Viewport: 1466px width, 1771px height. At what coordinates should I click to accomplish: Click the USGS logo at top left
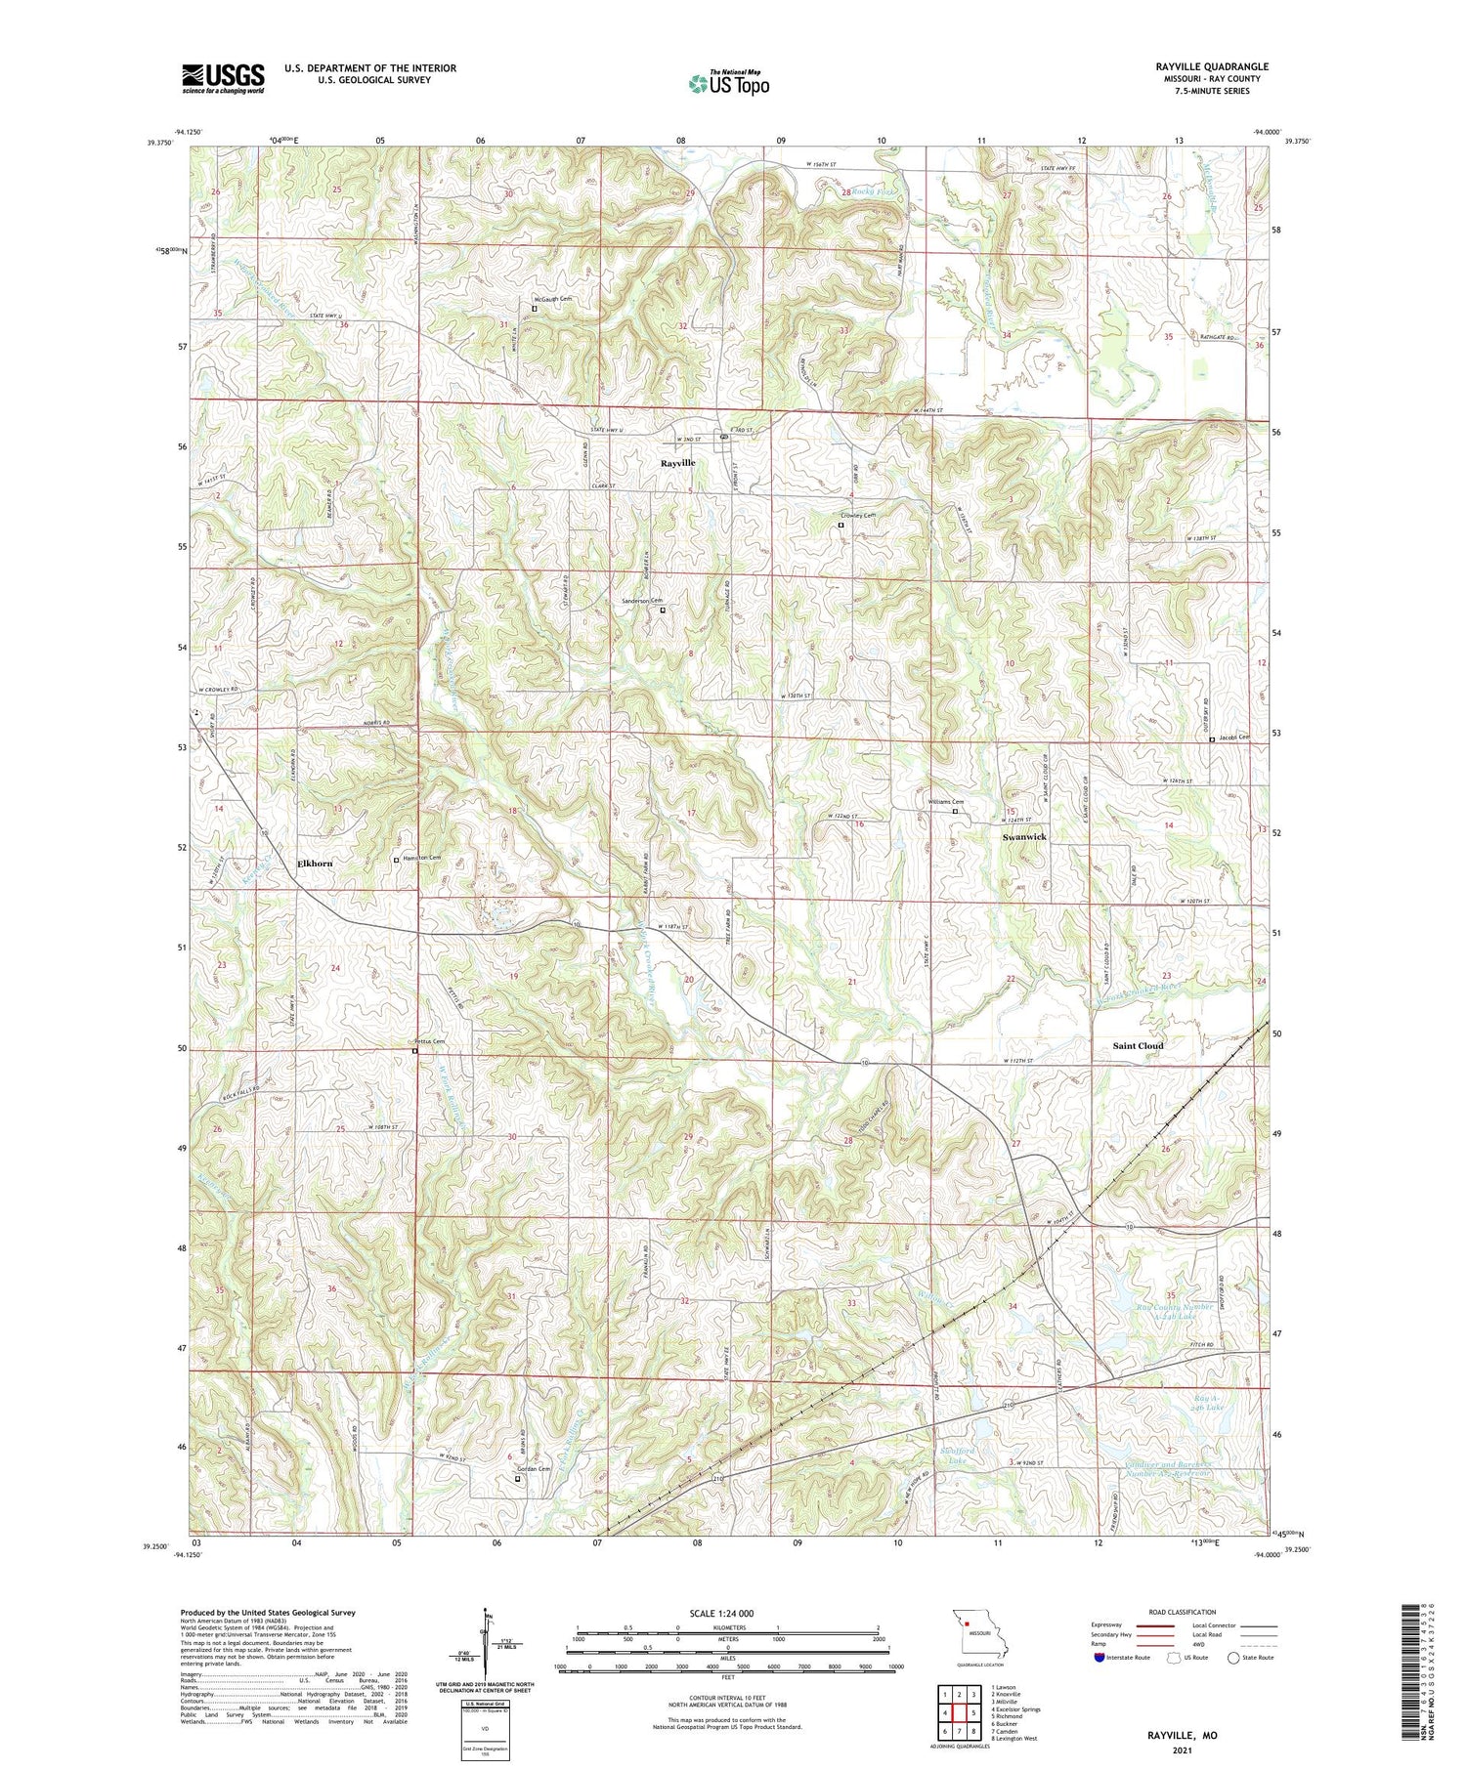click(x=223, y=78)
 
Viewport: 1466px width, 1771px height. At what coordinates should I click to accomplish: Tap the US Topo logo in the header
click(x=728, y=83)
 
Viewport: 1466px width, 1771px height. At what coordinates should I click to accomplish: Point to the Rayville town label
click(x=677, y=463)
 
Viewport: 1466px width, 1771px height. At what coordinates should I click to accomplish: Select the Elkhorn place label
click(x=315, y=864)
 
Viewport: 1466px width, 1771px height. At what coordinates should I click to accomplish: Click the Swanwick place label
click(x=1024, y=837)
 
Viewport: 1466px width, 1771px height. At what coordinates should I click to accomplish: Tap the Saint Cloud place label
click(x=1139, y=1045)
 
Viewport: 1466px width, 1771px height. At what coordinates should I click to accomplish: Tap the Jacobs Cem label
click(x=1233, y=738)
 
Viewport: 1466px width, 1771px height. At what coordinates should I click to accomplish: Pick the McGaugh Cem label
click(x=552, y=299)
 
